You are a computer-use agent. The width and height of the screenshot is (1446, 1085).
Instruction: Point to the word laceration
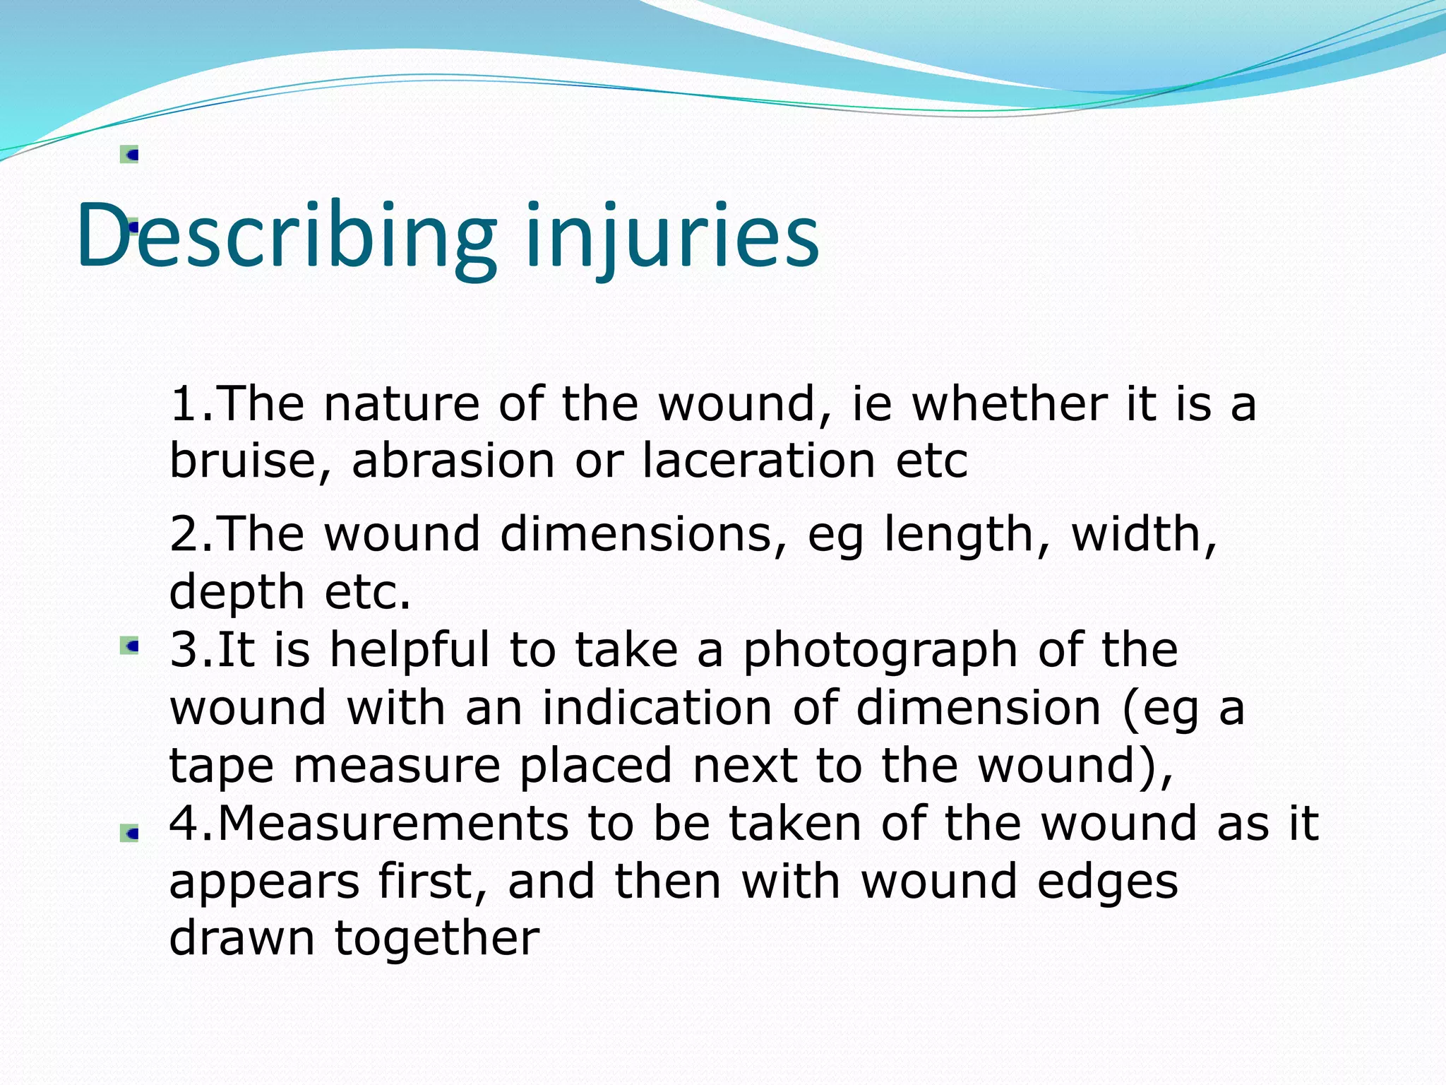(x=759, y=461)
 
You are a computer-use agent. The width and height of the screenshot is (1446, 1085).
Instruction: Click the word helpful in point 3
(x=410, y=650)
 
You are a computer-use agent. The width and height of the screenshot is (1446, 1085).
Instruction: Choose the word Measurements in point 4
(x=393, y=824)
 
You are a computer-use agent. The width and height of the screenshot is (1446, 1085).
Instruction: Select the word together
(x=436, y=939)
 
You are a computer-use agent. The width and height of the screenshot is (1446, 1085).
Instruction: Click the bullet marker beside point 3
(x=130, y=646)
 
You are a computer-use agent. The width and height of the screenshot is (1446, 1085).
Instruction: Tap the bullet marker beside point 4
(x=130, y=834)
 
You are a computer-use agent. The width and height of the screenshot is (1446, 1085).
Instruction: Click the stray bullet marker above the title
(x=130, y=155)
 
